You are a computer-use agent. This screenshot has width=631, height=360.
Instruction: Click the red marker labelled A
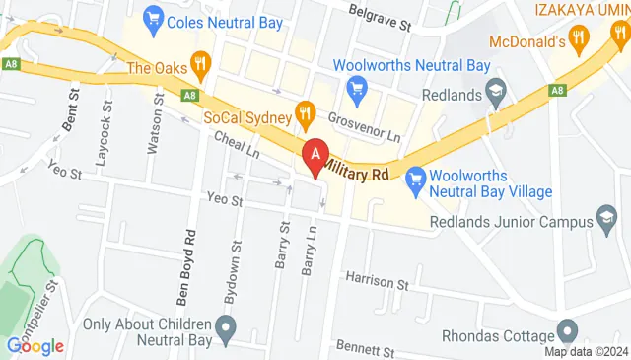click(315, 156)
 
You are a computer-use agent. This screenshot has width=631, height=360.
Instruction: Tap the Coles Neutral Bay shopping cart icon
click(153, 17)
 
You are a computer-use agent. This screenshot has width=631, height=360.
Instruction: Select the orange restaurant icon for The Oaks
click(202, 67)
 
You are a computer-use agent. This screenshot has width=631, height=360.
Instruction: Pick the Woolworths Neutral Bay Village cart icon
click(415, 177)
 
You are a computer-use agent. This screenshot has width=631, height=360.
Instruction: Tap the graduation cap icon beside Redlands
click(497, 94)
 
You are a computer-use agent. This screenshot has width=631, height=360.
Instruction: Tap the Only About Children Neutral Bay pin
click(227, 324)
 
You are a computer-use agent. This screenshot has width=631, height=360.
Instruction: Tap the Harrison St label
click(377, 282)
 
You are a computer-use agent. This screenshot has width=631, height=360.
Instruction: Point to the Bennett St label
click(364, 348)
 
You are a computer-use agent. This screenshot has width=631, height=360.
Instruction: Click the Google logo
click(35, 346)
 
